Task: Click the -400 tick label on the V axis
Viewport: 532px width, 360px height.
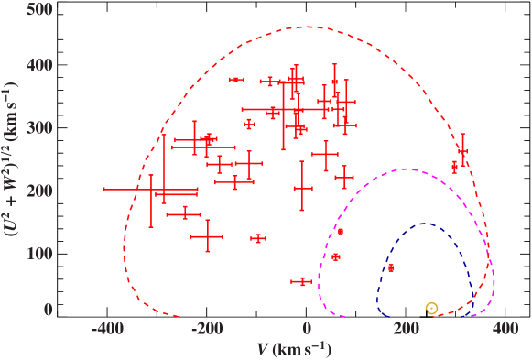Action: tap(109, 329)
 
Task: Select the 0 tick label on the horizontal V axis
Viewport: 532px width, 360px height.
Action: tap(308, 329)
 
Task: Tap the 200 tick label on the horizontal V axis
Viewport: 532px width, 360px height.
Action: tap(406, 329)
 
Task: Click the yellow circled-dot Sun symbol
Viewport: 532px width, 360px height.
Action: tap(431, 309)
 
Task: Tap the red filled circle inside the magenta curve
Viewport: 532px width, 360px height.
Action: tap(336, 257)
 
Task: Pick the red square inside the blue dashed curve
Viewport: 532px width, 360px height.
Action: tap(391, 268)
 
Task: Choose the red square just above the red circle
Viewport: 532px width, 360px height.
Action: tap(341, 232)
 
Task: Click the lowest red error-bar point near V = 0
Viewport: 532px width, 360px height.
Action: tap(303, 281)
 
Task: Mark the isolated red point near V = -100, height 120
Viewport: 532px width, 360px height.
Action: tap(258, 239)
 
